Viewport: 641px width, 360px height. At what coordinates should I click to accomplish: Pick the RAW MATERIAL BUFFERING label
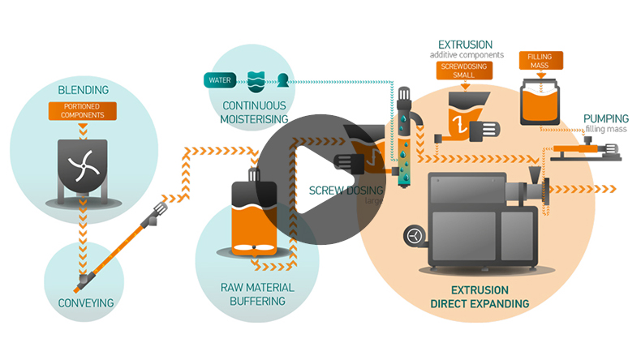[258, 294]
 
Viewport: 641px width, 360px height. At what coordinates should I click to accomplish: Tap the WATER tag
[220, 80]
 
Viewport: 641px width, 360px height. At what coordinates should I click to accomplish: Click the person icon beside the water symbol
[283, 80]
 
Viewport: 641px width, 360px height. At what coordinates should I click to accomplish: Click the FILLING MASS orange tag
[540, 62]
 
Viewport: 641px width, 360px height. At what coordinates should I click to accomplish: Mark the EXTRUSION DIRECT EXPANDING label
[479, 296]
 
